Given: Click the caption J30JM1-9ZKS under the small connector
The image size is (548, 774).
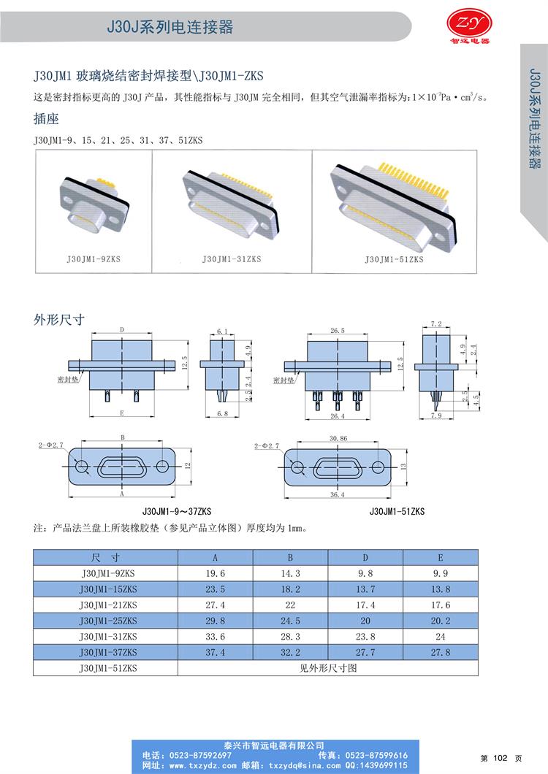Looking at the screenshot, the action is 94,259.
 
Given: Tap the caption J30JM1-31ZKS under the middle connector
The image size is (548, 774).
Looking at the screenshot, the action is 232,259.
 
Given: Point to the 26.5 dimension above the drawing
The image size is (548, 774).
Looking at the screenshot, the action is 338,330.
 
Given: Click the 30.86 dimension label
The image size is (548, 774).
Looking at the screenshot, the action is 338,438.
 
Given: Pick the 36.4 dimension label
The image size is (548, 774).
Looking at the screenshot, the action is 338,494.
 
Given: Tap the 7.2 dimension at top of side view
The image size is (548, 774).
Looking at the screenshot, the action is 436,323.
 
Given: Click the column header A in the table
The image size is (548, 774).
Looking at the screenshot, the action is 215,558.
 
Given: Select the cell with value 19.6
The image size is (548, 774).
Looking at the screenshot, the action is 215,574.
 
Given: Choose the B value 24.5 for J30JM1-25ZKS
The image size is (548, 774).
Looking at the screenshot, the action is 290,621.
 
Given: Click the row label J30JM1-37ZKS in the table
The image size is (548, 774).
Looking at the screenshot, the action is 107,653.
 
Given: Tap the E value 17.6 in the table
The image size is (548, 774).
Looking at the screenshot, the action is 441,605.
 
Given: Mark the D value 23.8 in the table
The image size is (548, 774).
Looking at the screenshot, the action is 365,637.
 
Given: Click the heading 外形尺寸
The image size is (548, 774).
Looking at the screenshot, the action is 58,320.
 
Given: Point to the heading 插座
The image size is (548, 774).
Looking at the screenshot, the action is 46,119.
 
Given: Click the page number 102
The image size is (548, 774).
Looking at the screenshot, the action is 501,758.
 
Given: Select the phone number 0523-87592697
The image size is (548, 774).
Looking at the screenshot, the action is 200,755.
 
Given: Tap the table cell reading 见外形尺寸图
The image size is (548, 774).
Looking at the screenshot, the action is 328,668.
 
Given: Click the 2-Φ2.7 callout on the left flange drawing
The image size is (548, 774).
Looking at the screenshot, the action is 51,445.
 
